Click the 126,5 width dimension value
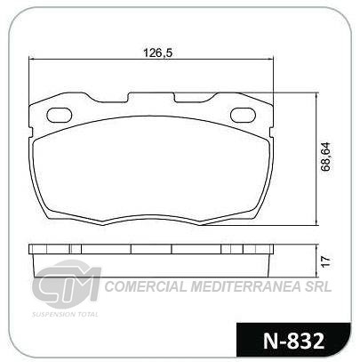click(x=157, y=52)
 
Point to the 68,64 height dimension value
click(x=326, y=157)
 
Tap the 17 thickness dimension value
click(x=325, y=261)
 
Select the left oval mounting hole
click(x=60, y=115)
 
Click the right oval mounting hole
click(x=243, y=115)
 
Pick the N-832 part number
click(x=293, y=341)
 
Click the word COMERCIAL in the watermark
click(x=146, y=286)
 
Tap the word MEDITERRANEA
click(x=247, y=286)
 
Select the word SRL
click(x=319, y=286)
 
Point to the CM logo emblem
click(x=67, y=283)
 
